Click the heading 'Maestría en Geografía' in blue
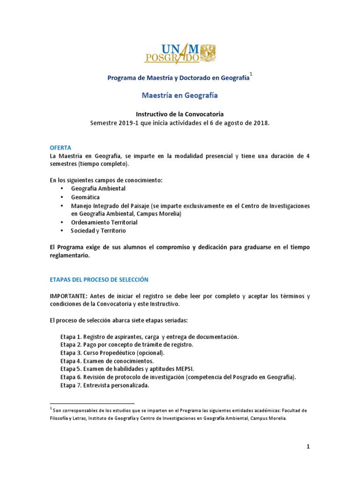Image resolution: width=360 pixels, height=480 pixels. tap(180, 95)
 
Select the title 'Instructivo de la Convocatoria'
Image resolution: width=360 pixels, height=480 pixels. tap(180, 114)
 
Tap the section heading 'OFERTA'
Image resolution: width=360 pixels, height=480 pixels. tap(60, 147)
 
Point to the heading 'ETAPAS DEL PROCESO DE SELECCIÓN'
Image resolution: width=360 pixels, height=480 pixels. tap(99, 279)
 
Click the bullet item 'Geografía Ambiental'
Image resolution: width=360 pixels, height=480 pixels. tap(98, 188)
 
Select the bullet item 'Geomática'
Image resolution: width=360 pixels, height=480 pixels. tap(85, 197)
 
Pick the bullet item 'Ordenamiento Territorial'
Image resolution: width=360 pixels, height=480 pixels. tap(104, 222)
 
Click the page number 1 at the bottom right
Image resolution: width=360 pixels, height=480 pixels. tap(308, 447)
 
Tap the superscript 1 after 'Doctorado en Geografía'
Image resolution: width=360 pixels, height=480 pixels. tap(251, 74)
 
